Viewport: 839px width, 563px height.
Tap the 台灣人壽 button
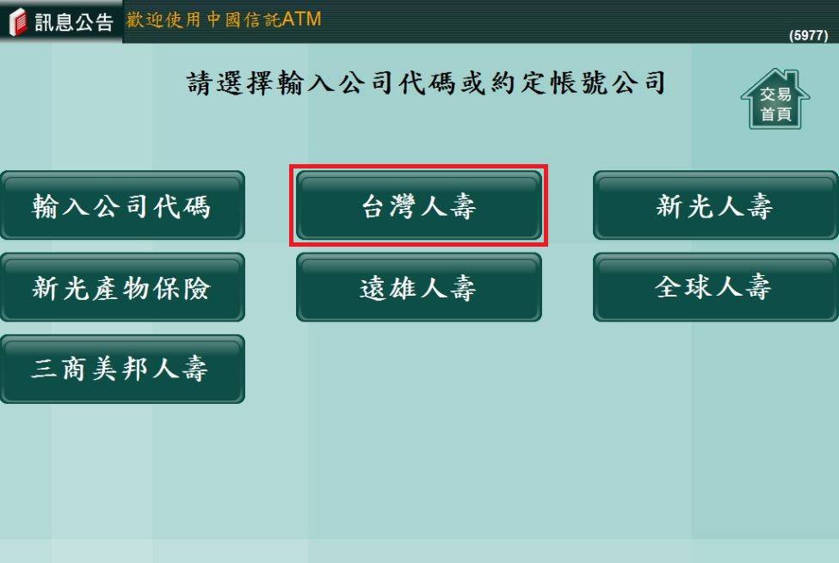tap(419, 205)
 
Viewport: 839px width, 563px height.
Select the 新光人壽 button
tap(715, 205)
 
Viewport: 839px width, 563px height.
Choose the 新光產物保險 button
tap(122, 288)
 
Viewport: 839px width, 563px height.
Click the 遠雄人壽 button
tap(419, 288)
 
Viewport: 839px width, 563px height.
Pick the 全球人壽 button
tap(715, 288)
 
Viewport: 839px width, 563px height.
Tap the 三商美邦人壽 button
tap(122, 370)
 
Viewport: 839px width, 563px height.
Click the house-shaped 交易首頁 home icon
tap(775, 100)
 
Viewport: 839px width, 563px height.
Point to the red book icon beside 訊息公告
tap(18, 22)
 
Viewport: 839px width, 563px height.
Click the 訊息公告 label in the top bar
tap(74, 22)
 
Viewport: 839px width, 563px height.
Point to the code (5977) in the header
tap(809, 35)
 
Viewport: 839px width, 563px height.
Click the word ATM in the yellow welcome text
tap(301, 19)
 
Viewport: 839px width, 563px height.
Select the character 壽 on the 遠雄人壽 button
tap(462, 288)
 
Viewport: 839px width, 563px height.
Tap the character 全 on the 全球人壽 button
tap(668, 287)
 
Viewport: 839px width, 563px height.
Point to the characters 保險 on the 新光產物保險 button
tap(182, 288)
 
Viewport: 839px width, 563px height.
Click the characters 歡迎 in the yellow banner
tap(145, 20)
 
